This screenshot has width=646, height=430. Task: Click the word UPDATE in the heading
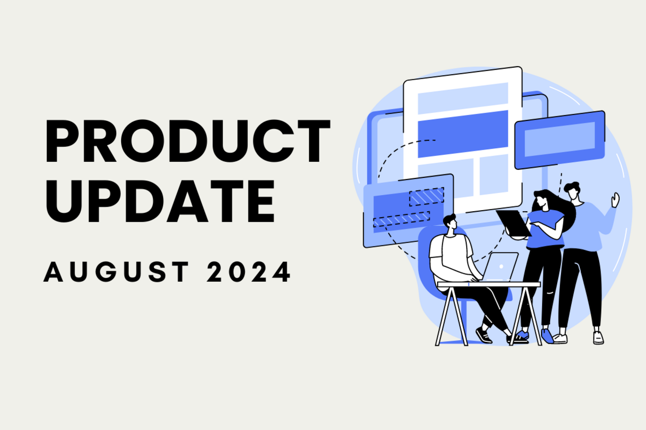[160, 200]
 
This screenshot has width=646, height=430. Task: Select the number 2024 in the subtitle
[249, 272]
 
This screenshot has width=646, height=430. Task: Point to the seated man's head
[449, 223]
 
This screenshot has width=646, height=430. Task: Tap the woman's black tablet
[513, 222]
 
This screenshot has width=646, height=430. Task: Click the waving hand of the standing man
[615, 200]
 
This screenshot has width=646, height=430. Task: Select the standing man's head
[572, 191]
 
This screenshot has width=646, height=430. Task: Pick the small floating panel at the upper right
[559, 140]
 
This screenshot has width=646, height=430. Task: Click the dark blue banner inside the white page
[463, 133]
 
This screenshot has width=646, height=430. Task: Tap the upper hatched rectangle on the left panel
[426, 197]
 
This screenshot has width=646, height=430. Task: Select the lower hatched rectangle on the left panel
[401, 219]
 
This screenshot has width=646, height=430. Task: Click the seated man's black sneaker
[483, 335]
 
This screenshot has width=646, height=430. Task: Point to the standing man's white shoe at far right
[598, 337]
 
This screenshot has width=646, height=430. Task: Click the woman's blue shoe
[547, 336]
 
